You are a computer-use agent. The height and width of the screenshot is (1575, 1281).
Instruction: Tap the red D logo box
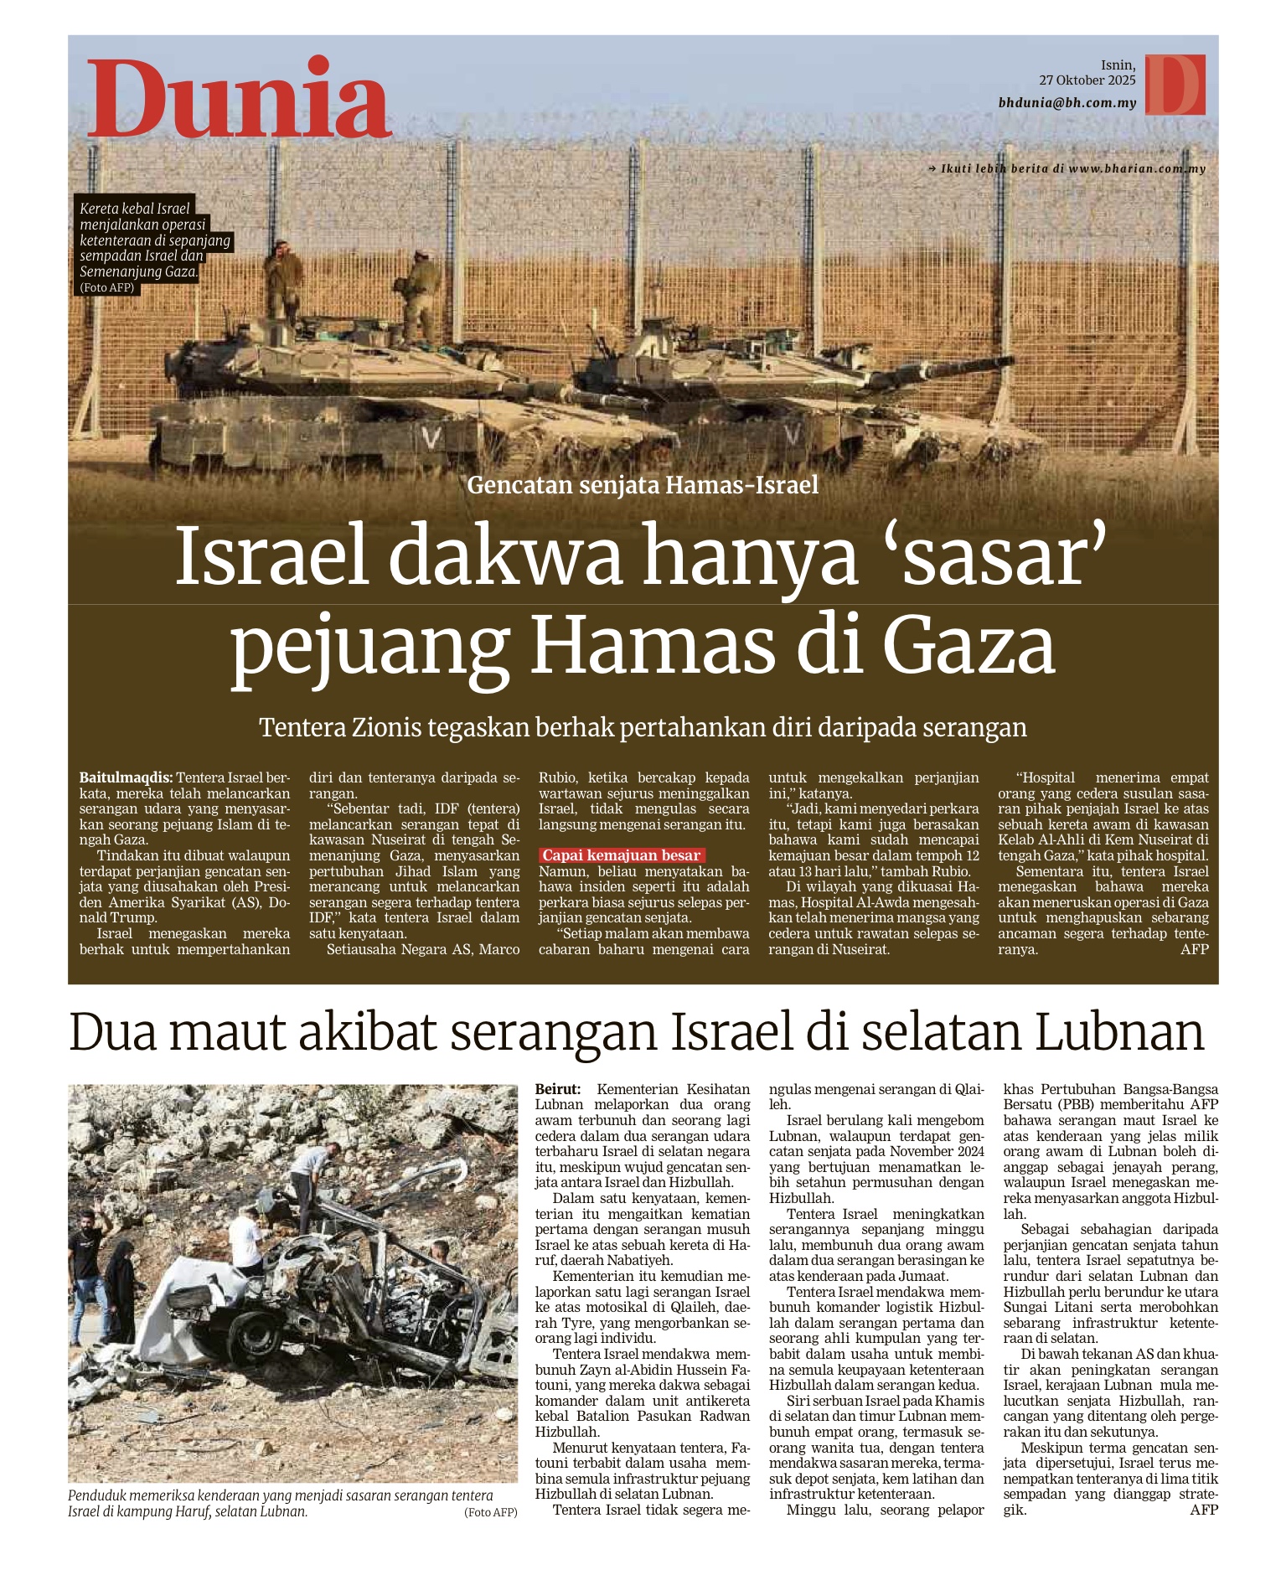[x=1175, y=85]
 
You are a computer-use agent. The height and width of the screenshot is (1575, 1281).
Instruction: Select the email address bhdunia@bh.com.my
[x=1067, y=103]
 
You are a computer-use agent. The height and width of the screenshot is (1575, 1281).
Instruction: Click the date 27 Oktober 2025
[x=1087, y=80]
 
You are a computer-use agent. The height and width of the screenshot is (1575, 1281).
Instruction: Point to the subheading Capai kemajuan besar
[x=621, y=855]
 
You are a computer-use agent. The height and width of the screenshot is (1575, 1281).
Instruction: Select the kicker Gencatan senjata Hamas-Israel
[x=643, y=485]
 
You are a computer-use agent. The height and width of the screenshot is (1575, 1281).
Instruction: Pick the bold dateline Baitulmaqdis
[x=126, y=777]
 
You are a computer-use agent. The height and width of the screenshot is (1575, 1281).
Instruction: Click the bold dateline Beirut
[x=557, y=1089]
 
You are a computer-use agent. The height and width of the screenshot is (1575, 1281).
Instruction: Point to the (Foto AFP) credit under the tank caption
[x=107, y=287]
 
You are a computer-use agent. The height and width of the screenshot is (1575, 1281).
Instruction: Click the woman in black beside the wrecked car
[x=121, y=1289]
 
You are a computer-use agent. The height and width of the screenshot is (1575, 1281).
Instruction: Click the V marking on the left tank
[x=431, y=437]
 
